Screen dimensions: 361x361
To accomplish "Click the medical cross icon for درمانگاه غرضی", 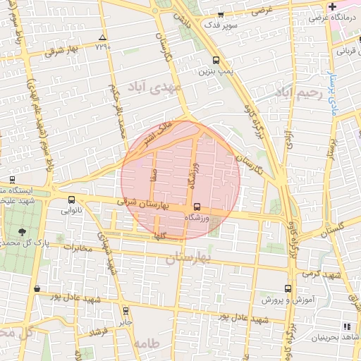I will (x=331, y=6).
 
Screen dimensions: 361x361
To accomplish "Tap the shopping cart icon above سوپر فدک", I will (x=221, y=14).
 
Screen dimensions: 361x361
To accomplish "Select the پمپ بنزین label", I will (x=214, y=71).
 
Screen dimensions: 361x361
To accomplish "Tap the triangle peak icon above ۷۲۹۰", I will (x=103, y=37).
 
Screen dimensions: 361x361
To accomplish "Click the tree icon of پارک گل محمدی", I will (x=23, y=231).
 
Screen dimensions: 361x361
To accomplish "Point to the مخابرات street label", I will (x=78, y=247).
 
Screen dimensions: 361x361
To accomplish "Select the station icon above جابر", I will (x=126, y=310).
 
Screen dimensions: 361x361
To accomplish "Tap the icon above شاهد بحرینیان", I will (x=345, y=326).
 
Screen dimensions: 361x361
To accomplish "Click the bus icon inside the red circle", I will (x=197, y=207).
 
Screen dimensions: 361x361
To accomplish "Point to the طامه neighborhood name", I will (x=146, y=343).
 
